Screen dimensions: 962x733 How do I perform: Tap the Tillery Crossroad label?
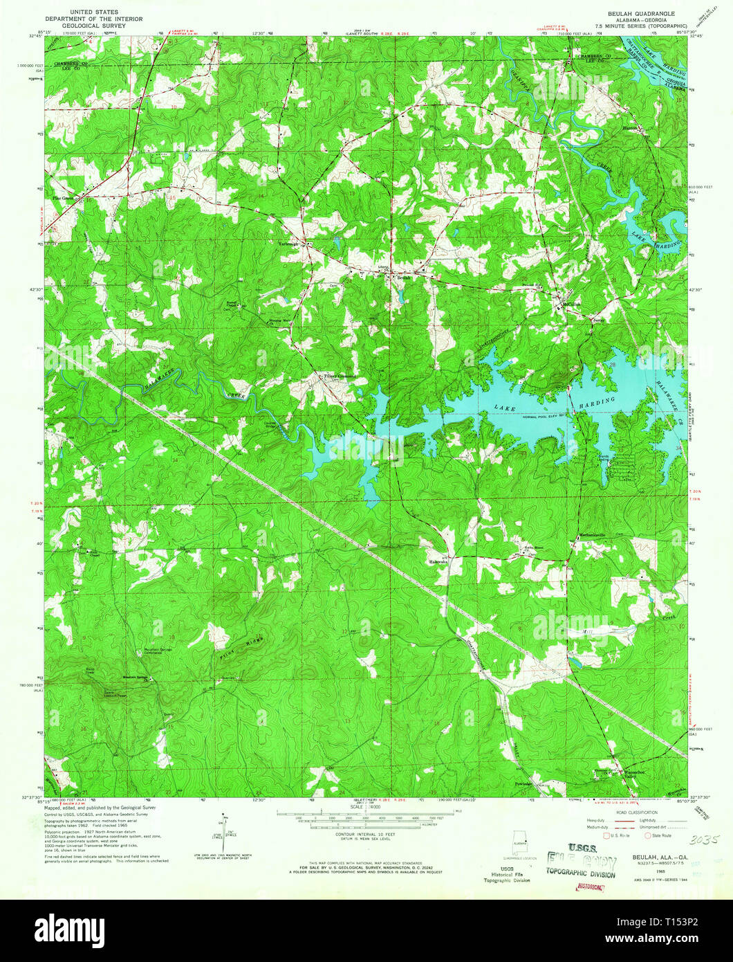[x=340, y=377]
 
